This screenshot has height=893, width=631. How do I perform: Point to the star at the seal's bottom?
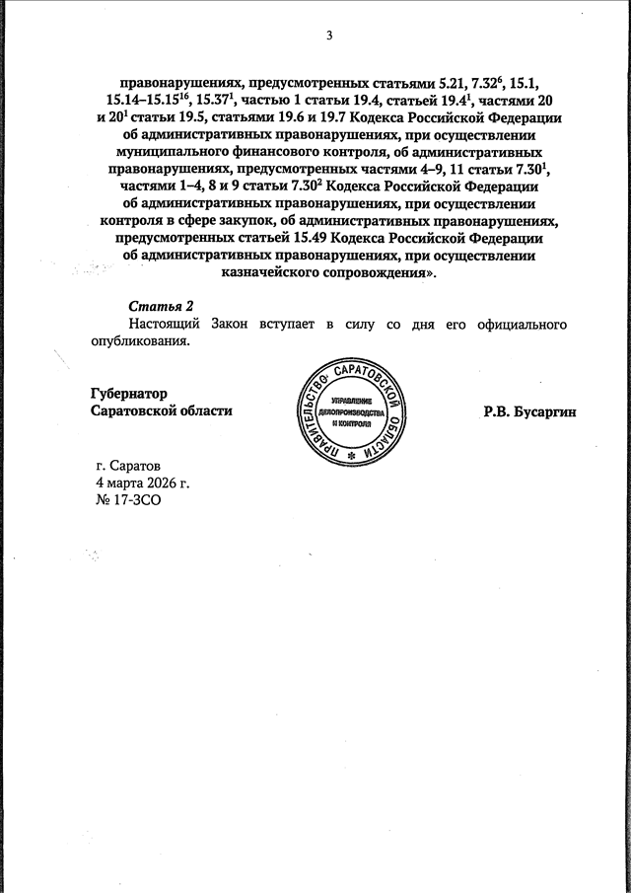[351, 461]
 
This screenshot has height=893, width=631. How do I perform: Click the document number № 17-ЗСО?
[126, 500]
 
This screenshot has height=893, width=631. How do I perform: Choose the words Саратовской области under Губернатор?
[161, 410]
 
